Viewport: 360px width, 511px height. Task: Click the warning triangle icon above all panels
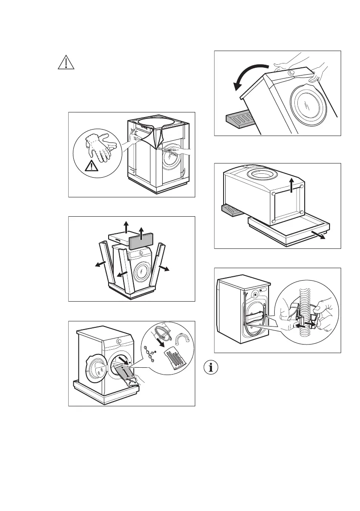click(66, 63)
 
